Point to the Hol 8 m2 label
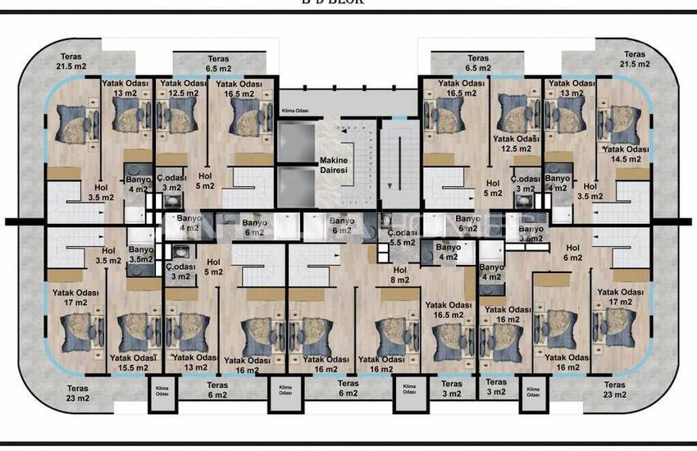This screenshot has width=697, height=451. click(399, 275)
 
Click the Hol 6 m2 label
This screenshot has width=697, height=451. click(572, 252)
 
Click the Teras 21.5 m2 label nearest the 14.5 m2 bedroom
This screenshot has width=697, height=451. click(634, 59)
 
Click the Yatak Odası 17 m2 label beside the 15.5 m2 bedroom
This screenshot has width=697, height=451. click(71, 297)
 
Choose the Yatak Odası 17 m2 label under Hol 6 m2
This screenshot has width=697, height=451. click(619, 297)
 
